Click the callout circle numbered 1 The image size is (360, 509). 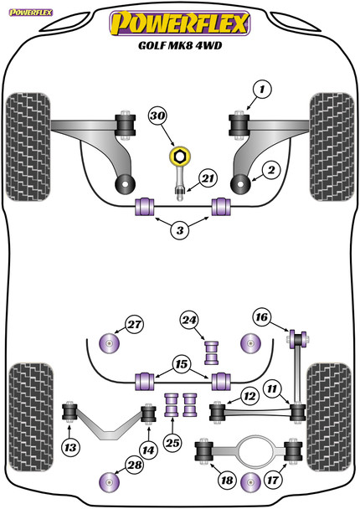point(262,89)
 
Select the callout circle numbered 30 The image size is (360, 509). point(271,170)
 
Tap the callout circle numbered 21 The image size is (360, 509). point(208,178)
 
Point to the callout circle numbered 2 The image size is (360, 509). point(271,170)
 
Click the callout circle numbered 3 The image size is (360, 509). point(180,230)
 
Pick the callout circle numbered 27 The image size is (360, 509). point(135,324)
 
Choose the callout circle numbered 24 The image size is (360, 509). point(189,321)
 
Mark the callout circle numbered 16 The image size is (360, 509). point(262,316)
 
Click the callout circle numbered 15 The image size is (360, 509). point(182,364)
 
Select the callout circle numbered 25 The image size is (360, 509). point(172,443)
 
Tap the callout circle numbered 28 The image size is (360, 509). point(135,465)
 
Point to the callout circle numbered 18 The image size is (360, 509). point(227,480)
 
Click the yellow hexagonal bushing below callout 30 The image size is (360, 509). point(180,157)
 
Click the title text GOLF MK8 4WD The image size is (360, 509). point(180,45)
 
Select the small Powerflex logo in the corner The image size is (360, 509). point(31,13)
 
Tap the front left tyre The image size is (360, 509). point(28,147)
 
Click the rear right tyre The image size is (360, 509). point(329,417)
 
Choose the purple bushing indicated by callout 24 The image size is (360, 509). point(211,352)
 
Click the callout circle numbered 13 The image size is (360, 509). point(70,448)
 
